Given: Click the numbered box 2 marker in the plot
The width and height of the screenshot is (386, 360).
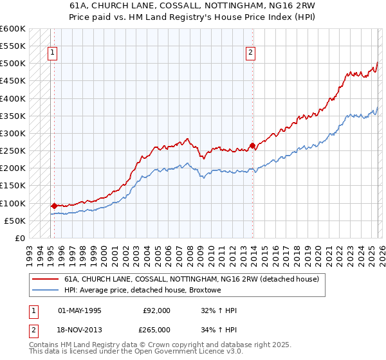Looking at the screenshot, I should click(250, 53).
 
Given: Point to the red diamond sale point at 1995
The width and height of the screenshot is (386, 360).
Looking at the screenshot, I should click(54, 206).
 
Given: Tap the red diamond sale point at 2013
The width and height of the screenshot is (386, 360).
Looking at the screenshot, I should click(252, 145).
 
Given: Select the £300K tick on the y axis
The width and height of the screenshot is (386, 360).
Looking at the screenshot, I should click(13, 133).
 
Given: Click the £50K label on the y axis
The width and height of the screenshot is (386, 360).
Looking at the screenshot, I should click(15, 221).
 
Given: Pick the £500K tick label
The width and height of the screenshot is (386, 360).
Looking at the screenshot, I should click(13, 64).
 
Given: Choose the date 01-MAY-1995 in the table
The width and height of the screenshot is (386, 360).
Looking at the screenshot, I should click(80, 310).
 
